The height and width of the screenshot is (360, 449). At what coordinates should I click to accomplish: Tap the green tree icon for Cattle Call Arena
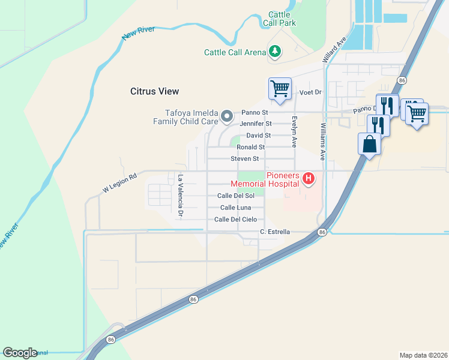tap(275, 52)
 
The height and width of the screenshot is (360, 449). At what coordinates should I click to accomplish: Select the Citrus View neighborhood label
tap(155, 91)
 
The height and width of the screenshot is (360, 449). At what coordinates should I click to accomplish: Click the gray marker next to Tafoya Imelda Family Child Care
tap(227, 116)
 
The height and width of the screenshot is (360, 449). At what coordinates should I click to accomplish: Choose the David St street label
tap(259, 136)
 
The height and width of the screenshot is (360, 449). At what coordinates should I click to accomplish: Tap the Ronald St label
tap(250, 147)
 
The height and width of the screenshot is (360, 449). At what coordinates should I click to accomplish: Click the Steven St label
tap(244, 159)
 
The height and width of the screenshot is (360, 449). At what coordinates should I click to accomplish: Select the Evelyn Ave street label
tap(294, 131)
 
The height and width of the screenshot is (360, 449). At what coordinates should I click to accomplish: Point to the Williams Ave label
tap(322, 142)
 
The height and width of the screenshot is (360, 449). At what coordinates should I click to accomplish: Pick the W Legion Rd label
tap(119, 183)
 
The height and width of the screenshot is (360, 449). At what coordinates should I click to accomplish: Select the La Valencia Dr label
tap(180, 195)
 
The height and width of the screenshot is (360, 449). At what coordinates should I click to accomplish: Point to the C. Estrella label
tap(275, 232)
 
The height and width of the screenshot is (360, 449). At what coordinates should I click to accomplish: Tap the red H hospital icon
tap(309, 178)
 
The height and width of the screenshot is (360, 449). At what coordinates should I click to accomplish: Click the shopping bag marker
tap(369, 145)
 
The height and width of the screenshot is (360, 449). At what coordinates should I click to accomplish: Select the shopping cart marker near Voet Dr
tap(280, 89)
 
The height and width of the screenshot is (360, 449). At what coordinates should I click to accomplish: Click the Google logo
tap(20, 353)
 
